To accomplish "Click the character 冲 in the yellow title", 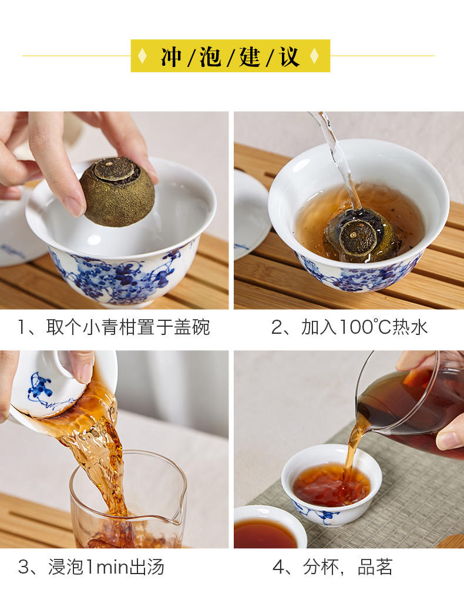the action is [x=172, y=56].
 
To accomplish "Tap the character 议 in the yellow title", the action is [x=290, y=56].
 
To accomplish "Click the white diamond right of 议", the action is [x=314, y=56].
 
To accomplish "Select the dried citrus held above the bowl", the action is [x=117, y=192].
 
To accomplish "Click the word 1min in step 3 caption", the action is [x=107, y=567].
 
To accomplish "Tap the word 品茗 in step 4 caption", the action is [x=375, y=567].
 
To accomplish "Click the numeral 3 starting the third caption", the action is [x=23, y=567].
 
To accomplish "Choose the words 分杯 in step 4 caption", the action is [x=321, y=567].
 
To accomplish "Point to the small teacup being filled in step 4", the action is [x=331, y=485].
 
